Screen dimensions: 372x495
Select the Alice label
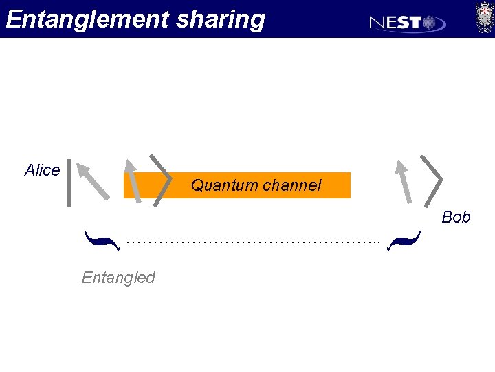coord(42,170)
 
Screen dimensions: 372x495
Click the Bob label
coord(456,217)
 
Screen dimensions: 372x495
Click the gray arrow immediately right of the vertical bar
coord(92,180)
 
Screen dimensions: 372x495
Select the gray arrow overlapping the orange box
coord(133,180)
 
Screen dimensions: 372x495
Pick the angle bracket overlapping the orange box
coord(162,180)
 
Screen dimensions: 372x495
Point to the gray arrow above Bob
coord(404,181)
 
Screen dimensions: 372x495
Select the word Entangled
coord(118,278)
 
